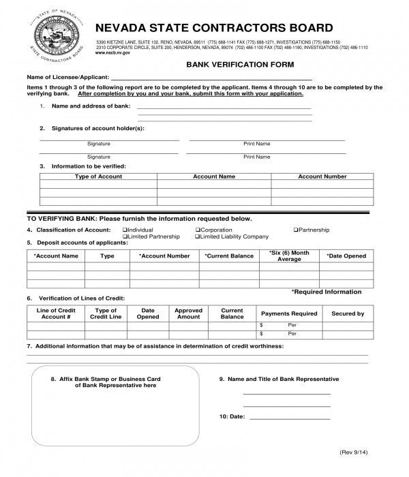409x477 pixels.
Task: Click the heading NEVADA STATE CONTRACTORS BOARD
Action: pyautogui.click(x=214, y=28)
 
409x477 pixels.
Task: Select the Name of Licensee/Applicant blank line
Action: pyautogui.click(x=211, y=79)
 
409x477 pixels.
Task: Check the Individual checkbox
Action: pyautogui.click(x=125, y=230)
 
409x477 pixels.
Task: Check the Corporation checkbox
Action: pyautogui.click(x=197, y=230)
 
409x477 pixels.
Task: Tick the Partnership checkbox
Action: pyautogui.click(x=296, y=230)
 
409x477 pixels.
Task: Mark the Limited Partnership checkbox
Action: pyautogui.click(x=125, y=237)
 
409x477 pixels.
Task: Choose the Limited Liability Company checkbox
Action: pyautogui.click(x=197, y=237)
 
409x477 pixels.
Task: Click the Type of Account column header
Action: pyautogui.click(x=98, y=176)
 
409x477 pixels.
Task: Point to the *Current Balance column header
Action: pyautogui.click(x=228, y=256)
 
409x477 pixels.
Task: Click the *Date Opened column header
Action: pyautogui.click(x=346, y=256)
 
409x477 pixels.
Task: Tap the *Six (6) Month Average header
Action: pyautogui.click(x=289, y=256)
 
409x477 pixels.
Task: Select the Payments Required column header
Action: pyautogui.click(x=289, y=313)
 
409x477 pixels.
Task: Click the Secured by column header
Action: pyautogui.click(x=348, y=313)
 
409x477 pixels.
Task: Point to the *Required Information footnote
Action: pyautogui.click(x=327, y=292)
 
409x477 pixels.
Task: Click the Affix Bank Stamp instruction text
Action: pyautogui.click(x=115, y=382)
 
